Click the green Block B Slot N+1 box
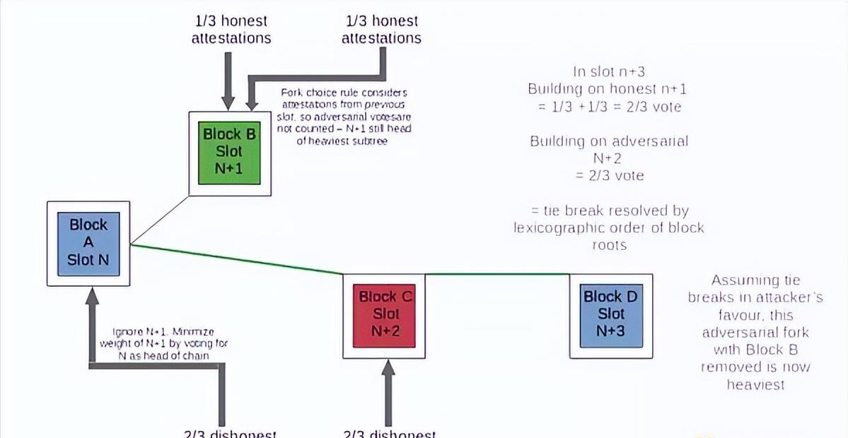pyautogui.click(x=229, y=152)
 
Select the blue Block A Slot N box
pyautogui.click(x=88, y=242)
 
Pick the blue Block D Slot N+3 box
pyautogui.click(x=611, y=314)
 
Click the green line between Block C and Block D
pyautogui.click(x=497, y=274)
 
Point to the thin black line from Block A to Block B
pyautogui.click(x=160, y=220)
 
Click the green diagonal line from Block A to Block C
pyautogui.click(x=237, y=259)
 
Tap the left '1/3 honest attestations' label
pyautogui.click(x=231, y=30)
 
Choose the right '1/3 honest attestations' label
pyautogui.click(x=381, y=30)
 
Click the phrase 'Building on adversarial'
pyautogui.click(x=608, y=141)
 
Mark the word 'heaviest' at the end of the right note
pyautogui.click(x=755, y=384)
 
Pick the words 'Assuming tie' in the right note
pyautogui.click(x=755, y=280)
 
